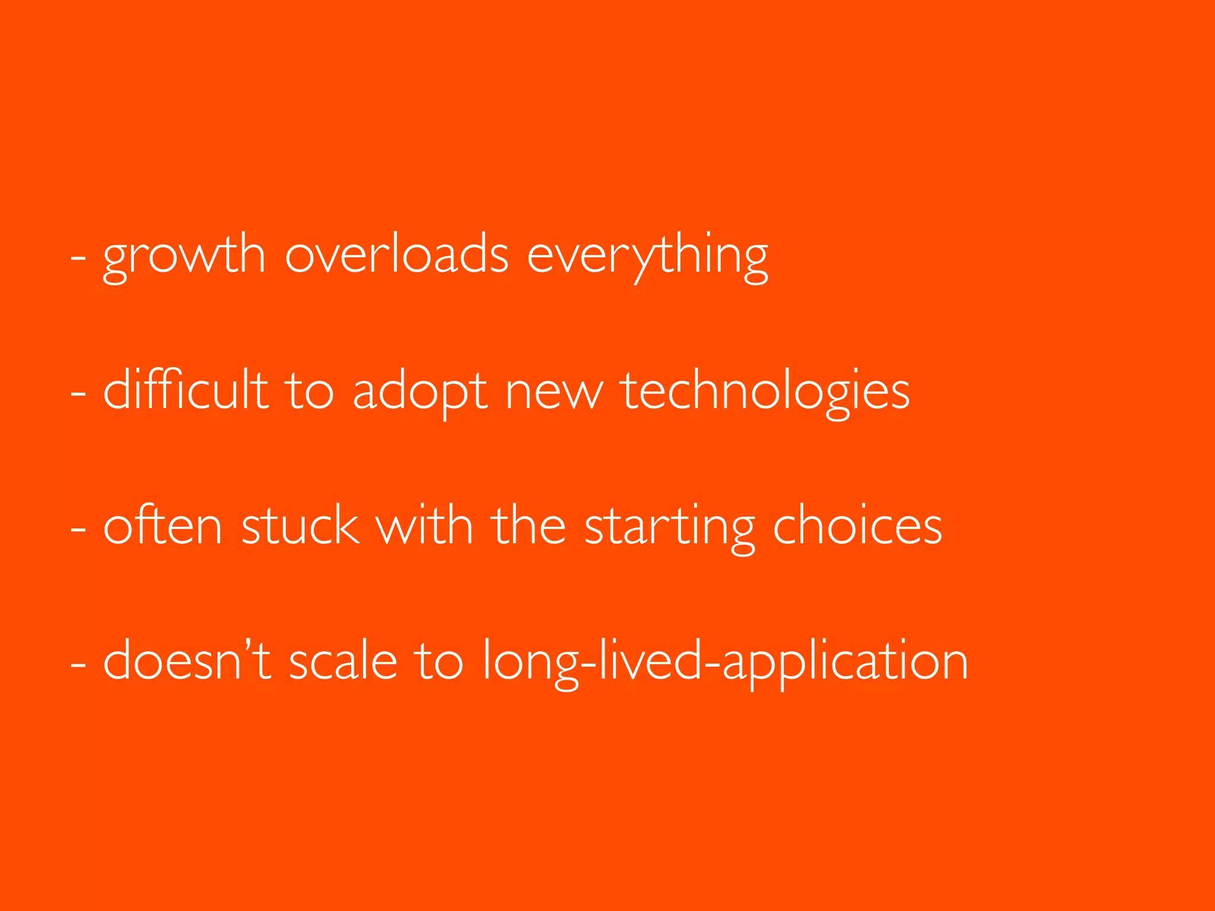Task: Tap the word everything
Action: [x=647, y=256]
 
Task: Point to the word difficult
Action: [x=186, y=390]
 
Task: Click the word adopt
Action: [x=420, y=391]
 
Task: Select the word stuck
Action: [x=300, y=525]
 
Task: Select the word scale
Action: [x=343, y=661]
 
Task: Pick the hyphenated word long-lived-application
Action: [x=725, y=662]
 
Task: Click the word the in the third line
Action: [x=529, y=525]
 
